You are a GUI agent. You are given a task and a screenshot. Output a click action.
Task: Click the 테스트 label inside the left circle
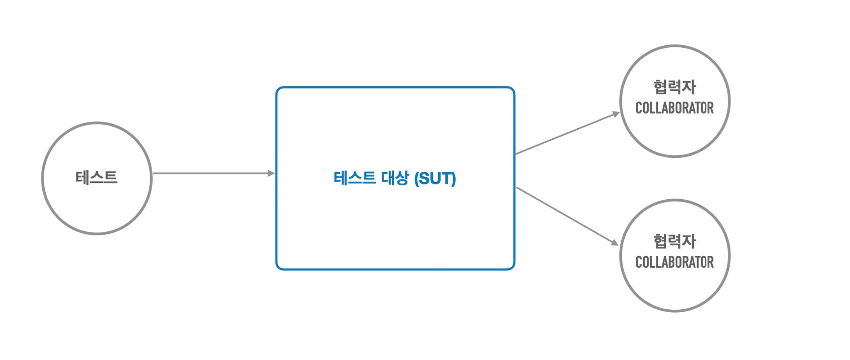tap(97, 178)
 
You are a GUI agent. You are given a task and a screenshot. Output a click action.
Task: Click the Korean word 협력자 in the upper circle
tap(674, 87)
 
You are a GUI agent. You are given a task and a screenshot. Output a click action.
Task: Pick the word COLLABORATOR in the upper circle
tap(674, 108)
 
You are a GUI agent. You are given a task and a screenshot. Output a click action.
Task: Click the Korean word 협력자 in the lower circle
tap(674, 241)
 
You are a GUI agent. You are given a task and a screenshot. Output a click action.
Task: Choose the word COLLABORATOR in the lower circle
tap(674, 262)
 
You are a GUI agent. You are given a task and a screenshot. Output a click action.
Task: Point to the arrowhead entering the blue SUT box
tap(271, 173)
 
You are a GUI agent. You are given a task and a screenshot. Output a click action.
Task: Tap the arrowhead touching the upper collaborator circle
tap(616, 114)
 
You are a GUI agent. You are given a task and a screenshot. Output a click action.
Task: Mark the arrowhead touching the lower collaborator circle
tap(615, 242)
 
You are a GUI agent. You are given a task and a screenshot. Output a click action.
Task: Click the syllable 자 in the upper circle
tap(689, 87)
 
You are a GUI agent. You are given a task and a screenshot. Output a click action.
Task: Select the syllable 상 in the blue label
tap(402, 178)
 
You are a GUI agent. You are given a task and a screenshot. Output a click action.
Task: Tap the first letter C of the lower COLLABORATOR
tap(639, 262)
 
